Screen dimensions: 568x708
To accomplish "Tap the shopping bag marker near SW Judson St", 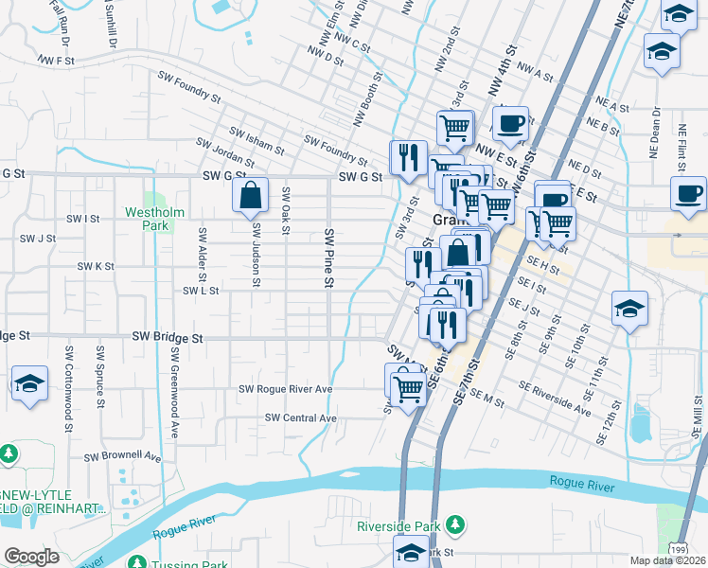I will point(252,196).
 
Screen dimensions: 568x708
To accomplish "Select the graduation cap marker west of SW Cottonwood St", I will point(28,384).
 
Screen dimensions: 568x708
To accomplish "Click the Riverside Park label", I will point(398,525).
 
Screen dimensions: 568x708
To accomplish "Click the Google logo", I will point(31,557).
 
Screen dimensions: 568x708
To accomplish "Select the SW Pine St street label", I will point(328,257).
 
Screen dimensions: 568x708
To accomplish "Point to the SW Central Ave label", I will point(301,417).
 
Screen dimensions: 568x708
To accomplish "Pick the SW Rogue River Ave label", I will point(285,389).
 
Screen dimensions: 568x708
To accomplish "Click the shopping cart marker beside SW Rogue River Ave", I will point(410,387).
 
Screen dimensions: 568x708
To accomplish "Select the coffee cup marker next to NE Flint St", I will point(687,193).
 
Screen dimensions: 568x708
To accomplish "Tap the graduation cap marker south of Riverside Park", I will point(412,553).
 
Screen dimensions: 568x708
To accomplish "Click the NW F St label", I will point(56,60).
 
